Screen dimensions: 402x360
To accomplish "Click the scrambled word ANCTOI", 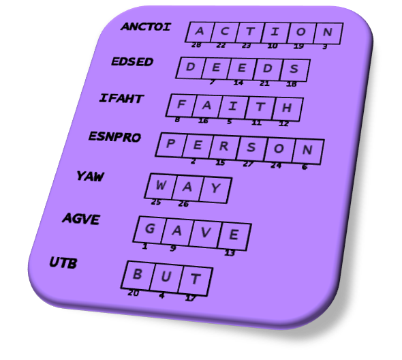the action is pyautogui.click(x=146, y=27).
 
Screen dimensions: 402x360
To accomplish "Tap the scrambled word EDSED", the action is pyautogui.click(x=132, y=61).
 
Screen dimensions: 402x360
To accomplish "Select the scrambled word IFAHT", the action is pyautogui.click(x=121, y=99).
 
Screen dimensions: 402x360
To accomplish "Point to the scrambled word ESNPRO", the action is pyautogui.click(x=114, y=137).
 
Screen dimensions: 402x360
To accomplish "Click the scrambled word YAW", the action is pyautogui.click(x=90, y=177).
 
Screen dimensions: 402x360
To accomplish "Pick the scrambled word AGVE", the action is pyautogui.click(x=81, y=219).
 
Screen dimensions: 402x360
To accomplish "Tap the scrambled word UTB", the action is pyautogui.click(x=63, y=262).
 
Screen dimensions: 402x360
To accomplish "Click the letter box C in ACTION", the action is pyautogui.click(x=224, y=32).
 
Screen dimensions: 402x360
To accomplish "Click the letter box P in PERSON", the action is pyautogui.click(x=170, y=145).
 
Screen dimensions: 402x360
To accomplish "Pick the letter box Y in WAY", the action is pyautogui.click(x=215, y=190).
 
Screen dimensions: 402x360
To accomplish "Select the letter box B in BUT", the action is pyautogui.click(x=138, y=275).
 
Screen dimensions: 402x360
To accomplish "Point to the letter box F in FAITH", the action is pyautogui.click(x=181, y=105).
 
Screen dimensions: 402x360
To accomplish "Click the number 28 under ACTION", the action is pyautogui.click(x=196, y=45).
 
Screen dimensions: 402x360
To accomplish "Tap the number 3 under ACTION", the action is pyautogui.click(x=325, y=47).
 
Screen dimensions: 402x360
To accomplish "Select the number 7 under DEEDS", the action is pyautogui.click(x=212, y=82).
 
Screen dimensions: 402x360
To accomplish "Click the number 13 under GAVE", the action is pyautogui.click(x=230, y=253).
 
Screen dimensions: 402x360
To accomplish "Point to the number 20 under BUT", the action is pyautogui.click(x=134, y=292).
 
